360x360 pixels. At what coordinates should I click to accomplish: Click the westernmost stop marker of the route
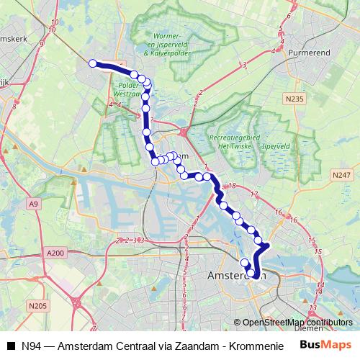93,63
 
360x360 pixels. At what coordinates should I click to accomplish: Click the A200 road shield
55,253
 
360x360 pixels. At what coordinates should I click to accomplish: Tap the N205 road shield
39,305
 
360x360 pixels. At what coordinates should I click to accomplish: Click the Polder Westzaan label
128,89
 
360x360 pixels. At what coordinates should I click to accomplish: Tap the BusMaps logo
325,344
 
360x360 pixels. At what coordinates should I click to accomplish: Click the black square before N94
11,345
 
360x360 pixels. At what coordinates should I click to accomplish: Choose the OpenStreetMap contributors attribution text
297,323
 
